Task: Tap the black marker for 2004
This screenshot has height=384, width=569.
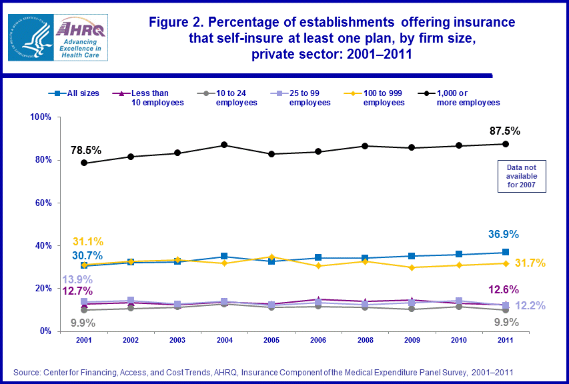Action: coord(224,145)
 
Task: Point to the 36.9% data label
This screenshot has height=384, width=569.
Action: coord(502,235)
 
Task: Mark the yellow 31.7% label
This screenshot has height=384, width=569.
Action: coord(532,264)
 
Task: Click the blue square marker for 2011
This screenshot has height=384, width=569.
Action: coord(506,252)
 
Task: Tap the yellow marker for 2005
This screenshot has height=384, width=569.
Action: coord(271,257)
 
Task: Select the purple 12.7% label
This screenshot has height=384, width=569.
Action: coord(77,291)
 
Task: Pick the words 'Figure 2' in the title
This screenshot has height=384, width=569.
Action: coord(175,22)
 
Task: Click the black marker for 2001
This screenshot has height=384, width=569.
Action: coord(84,163)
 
